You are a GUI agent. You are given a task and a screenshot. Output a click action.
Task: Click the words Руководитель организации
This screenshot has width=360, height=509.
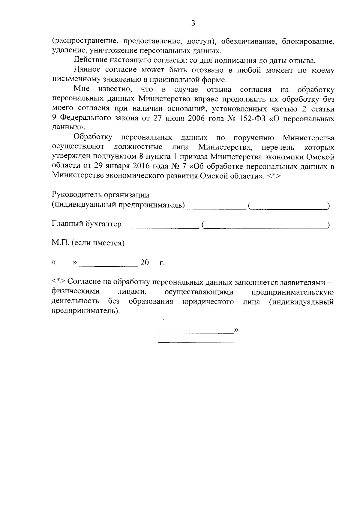[x=100, y=195]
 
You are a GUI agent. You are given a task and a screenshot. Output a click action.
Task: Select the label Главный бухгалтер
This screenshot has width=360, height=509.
[x=87, y=224]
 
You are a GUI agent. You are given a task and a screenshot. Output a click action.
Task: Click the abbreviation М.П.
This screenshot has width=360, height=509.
[x=61, y=243]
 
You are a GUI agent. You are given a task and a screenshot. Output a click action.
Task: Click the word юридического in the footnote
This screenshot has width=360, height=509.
[x=208, y=301]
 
